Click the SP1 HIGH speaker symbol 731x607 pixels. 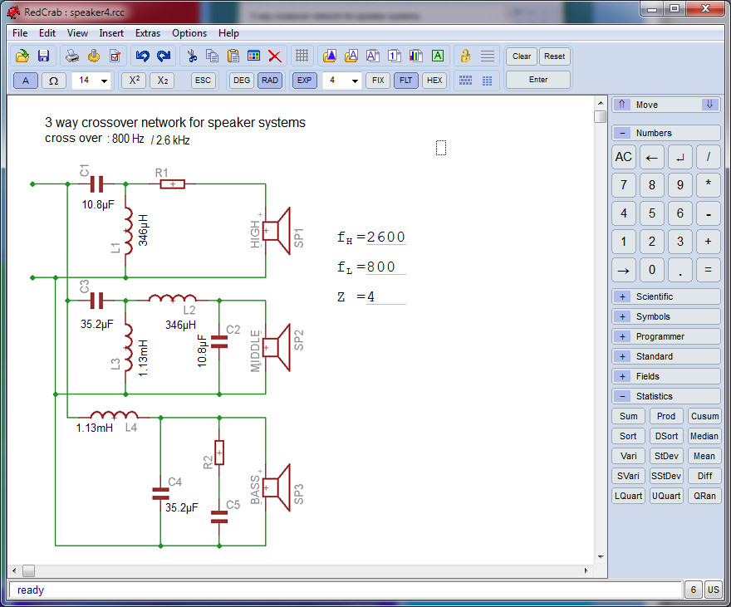point(277,231)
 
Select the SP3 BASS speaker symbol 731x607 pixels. point(277,487)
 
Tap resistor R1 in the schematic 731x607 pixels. point(172,184)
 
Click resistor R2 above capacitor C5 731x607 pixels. point(219,453)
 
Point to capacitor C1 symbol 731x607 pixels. point(96,184)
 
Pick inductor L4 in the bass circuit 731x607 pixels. point(114,414)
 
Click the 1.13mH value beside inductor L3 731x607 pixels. point(143,358)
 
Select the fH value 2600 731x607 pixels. point(385,237)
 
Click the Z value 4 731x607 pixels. point(370,296)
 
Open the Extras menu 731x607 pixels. point(147,33)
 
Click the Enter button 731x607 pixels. point(538,80)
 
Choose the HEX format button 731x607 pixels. point(434,80)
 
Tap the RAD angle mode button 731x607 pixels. point(269,80)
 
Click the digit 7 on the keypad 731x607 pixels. point(624,185)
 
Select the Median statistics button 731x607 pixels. point(704,436)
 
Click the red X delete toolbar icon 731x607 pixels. point(275,56)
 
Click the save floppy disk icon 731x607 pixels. point(43,56)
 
